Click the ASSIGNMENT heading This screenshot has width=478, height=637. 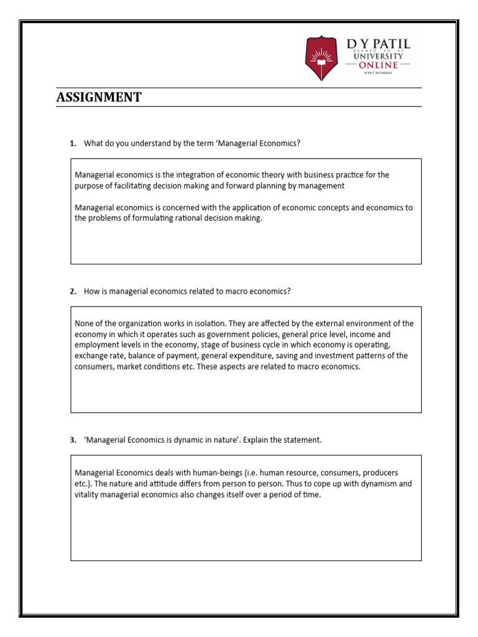click(x=99, y=98)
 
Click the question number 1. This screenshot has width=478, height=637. click(x=73, y=144)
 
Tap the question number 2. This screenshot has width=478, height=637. click(x=73, y=292)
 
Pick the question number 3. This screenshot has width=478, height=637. click(x=73, y=440)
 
